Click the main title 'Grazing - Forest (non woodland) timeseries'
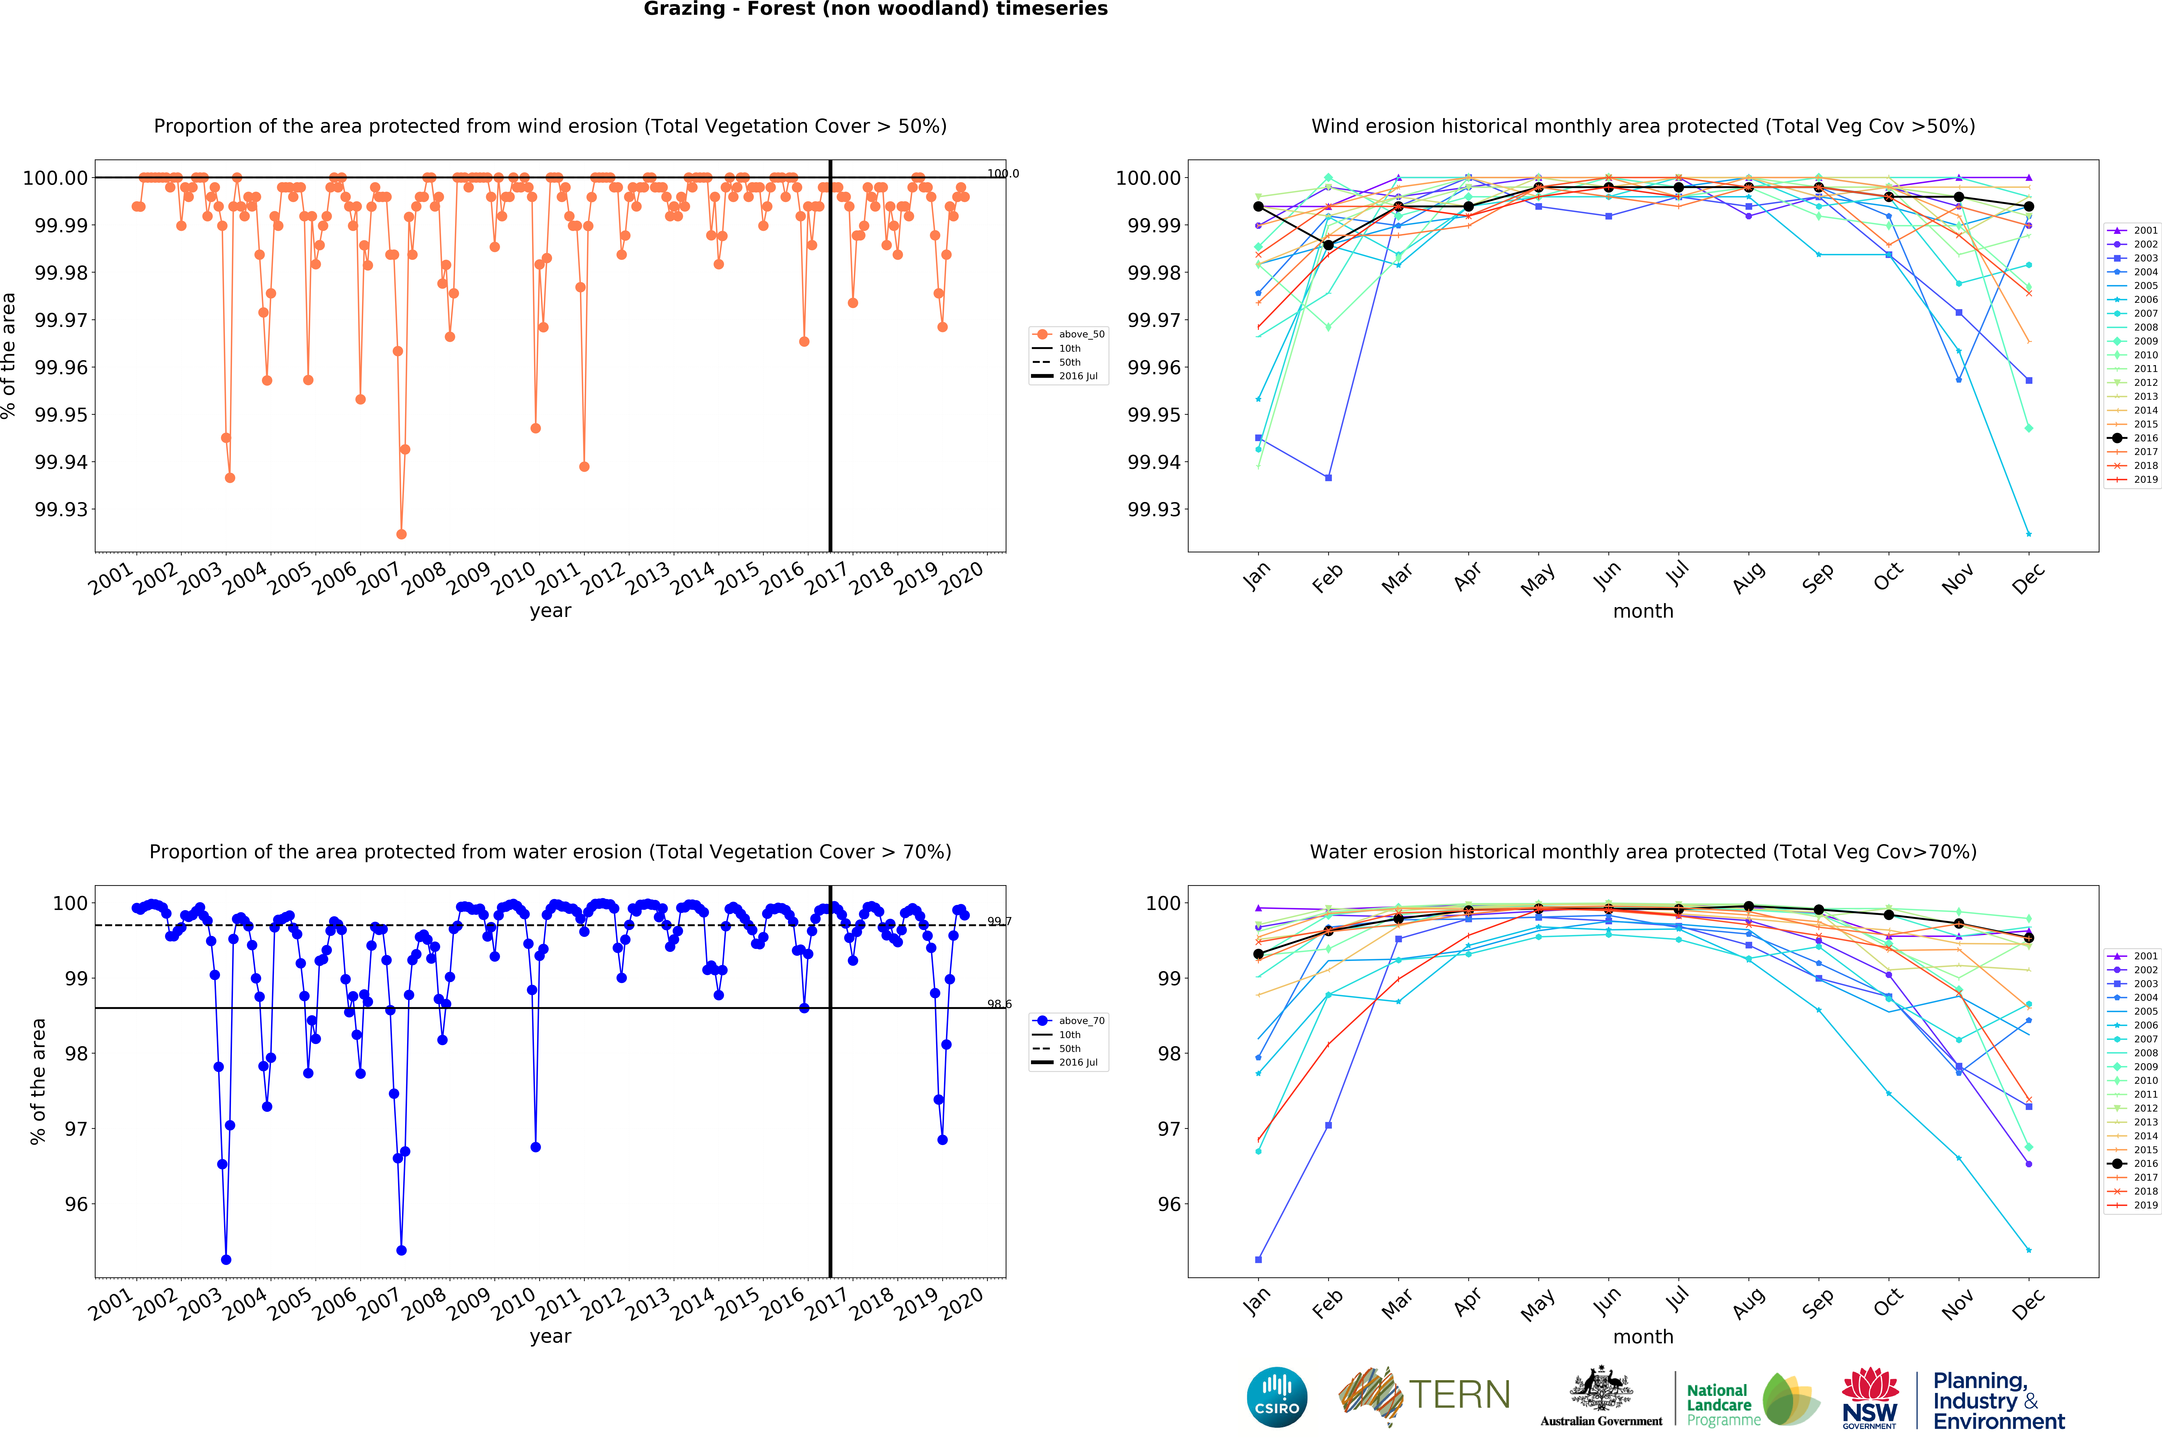875,9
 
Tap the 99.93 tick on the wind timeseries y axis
61,510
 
